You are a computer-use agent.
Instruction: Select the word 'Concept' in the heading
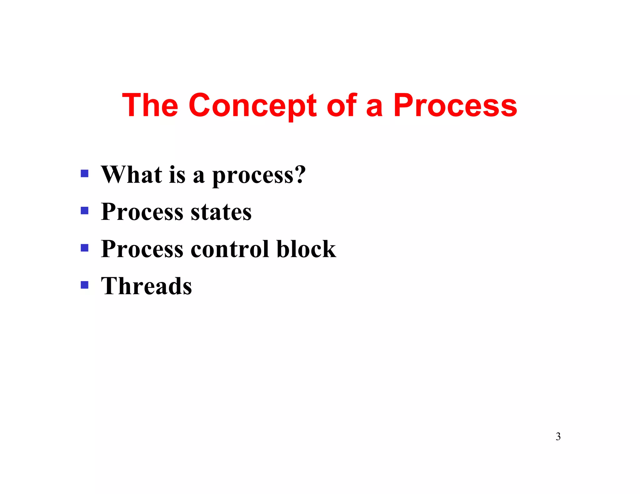tap(252, 106)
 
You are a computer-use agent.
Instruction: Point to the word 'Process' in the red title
tap(455, 106)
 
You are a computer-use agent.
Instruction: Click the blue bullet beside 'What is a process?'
tap(84, 173)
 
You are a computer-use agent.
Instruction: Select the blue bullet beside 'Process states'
tap(84, 210)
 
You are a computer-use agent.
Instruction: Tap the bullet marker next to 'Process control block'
tap(84, 248)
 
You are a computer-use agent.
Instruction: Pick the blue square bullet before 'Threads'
tap(84, 285)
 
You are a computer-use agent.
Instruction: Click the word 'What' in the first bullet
tap(132, 175)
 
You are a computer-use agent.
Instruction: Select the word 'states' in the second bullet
tap(221, 212)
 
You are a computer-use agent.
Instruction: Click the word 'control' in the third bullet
tap(230, 249)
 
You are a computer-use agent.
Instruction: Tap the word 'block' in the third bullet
tap(306, 249)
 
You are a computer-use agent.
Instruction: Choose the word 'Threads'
tap(146, 286)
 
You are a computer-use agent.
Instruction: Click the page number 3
tap(558, 436)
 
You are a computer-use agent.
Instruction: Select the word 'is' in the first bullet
tap(177, 175)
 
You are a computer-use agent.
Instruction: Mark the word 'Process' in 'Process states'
tap(142, 212)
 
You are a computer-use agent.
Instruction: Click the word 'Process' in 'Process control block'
tap(142, 249)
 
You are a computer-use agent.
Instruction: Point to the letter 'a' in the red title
tap(374, 108)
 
